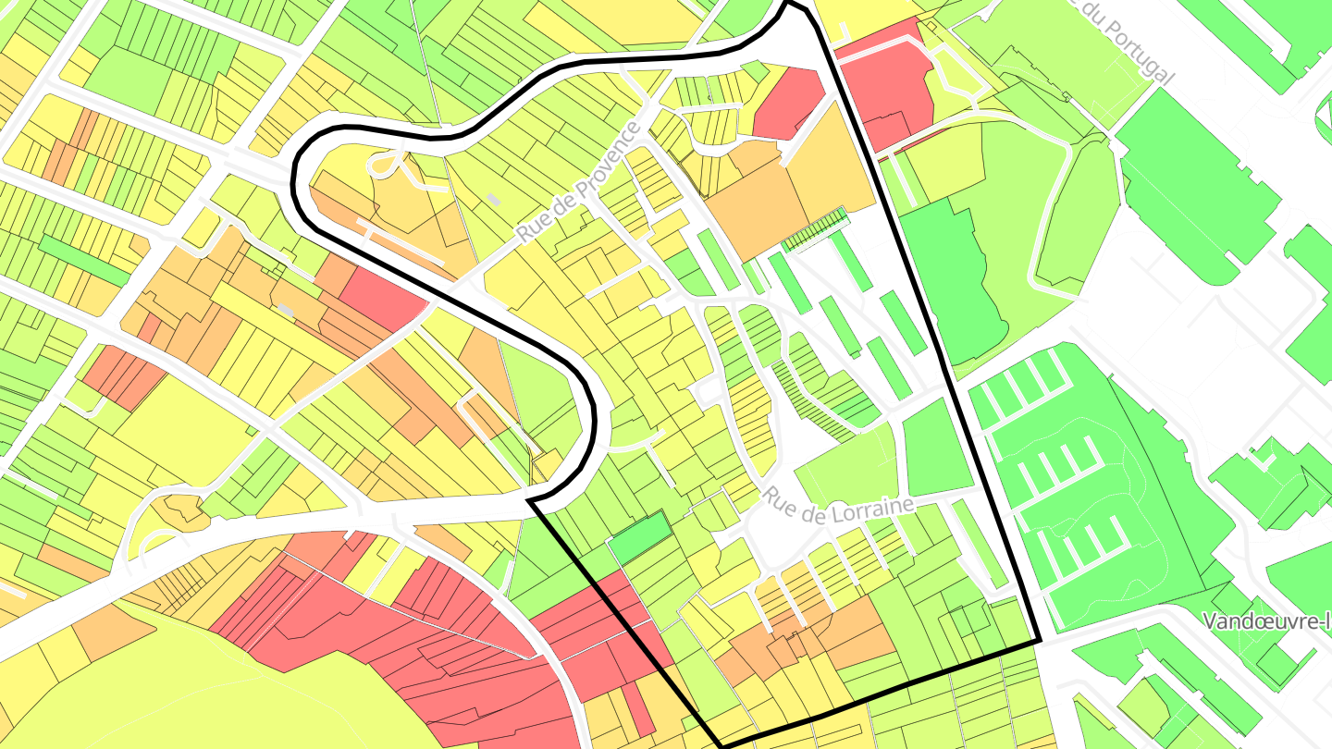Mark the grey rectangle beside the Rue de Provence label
pos(494,199)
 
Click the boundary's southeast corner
pos(1039,640)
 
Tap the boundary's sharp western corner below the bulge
pos(531,501)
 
